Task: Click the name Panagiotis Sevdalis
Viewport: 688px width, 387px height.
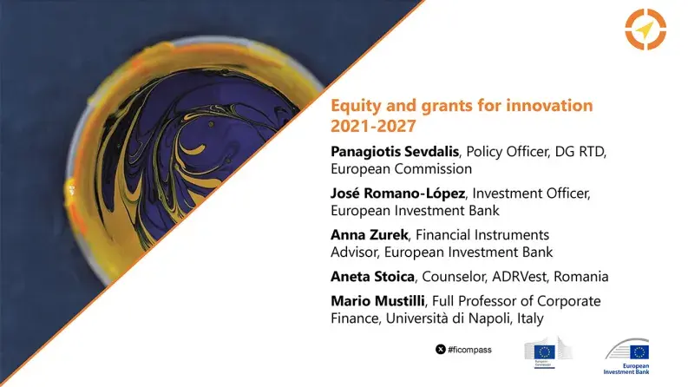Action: pyautogui.click(x=395, y=152)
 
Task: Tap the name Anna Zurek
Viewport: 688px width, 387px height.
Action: pyautogui.click(x=365, y=234)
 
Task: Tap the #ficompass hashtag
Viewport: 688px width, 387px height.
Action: pyautogui.click(x=469, y=349)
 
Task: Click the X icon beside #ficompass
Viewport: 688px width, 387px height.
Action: pyautogui.click(x=441, y=349)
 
